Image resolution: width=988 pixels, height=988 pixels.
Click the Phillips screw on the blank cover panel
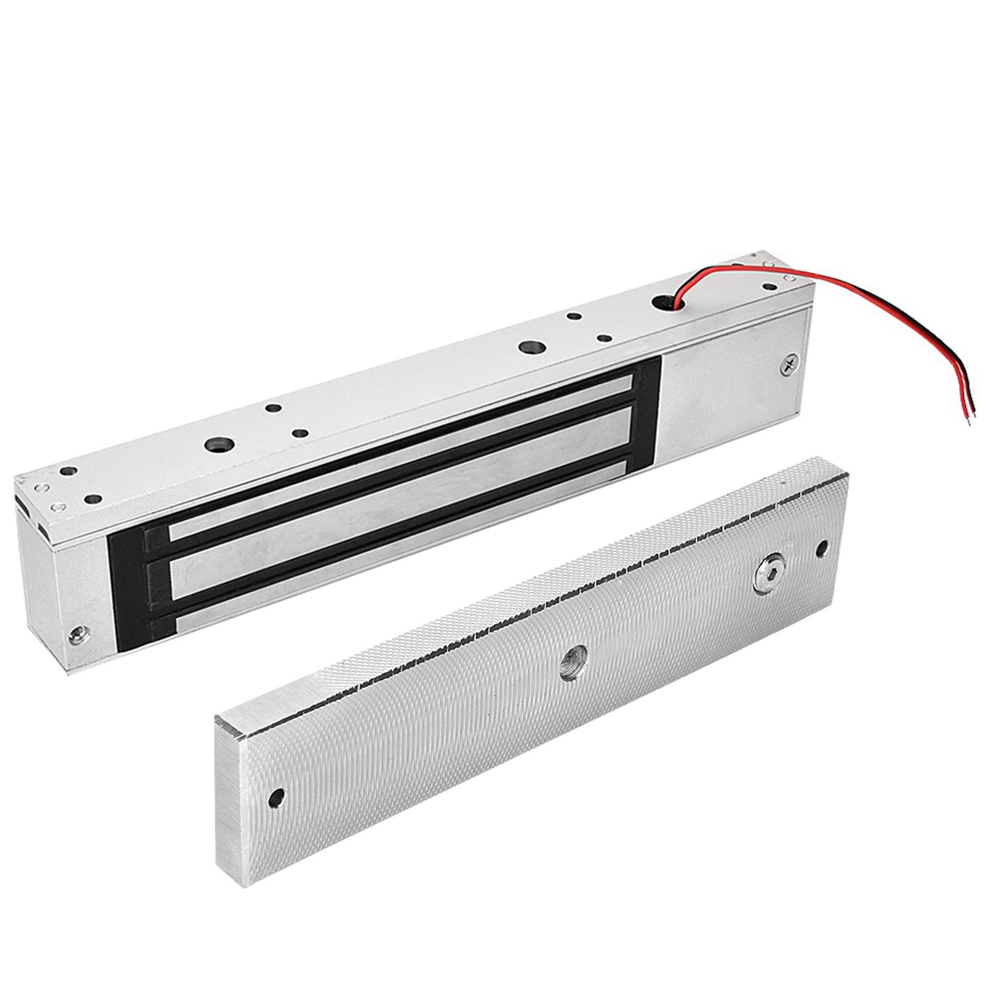tap(789, 365)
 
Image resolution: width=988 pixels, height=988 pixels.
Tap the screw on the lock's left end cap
tap(77, 634)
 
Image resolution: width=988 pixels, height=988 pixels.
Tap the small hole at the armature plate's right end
tap(821, 547)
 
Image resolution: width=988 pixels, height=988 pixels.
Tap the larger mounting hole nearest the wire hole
tap(529, 347)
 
